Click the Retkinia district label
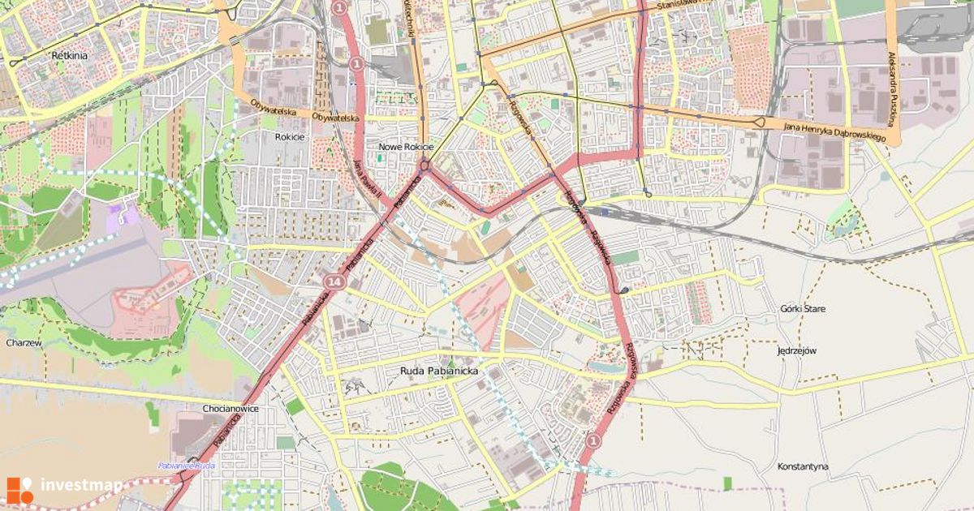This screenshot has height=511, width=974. click(x=69, y=56)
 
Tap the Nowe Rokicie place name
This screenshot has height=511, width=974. click(x=406, y=147)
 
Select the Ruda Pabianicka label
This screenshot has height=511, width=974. click(x=439, y=371)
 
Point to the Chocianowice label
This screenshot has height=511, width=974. click(x=231, y=409)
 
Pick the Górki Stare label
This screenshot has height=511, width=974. click(x=802, y=309)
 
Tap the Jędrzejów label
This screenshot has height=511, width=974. click(x=795, y=350)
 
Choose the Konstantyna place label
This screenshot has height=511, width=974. click(x=802, y=466)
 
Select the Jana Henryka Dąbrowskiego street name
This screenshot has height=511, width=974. click(x=834, y=131)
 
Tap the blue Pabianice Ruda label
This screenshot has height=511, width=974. click(x=186, y=466)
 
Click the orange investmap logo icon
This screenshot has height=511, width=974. click(x=19, y=489)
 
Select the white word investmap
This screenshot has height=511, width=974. click(x=81, y=486)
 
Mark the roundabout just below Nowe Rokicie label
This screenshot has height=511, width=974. click(x=425, y=165)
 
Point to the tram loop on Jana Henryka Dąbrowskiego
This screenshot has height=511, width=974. click(x=760, y=122)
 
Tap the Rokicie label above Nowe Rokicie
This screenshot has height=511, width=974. click(x=290, y=137)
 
